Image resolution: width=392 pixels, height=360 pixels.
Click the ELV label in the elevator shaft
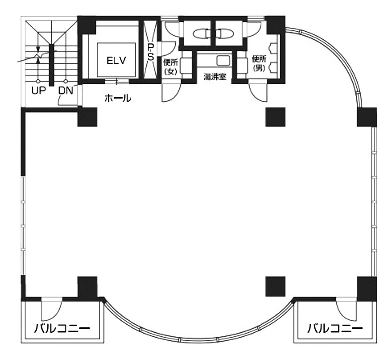116,61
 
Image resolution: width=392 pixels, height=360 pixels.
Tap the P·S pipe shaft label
150,52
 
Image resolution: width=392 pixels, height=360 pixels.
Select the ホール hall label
118,98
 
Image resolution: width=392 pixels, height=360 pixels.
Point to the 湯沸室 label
215,77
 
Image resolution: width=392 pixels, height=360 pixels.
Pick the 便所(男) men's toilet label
259,64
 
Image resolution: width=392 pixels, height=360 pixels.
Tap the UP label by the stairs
39,91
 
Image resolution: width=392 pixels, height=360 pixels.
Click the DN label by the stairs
66,91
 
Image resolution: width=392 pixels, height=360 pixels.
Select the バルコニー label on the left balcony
62,328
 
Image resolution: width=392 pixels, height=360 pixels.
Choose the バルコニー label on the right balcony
335,328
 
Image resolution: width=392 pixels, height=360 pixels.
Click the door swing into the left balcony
51,309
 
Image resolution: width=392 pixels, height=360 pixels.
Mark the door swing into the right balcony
346,309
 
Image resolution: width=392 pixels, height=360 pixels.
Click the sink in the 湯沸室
223,61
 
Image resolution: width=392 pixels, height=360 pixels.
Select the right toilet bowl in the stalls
226,34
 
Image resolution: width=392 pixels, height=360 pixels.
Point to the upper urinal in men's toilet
272,47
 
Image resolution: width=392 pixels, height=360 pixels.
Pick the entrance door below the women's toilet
172,92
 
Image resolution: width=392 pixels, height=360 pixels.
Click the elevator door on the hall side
117,81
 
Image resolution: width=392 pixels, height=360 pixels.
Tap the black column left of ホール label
87,117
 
